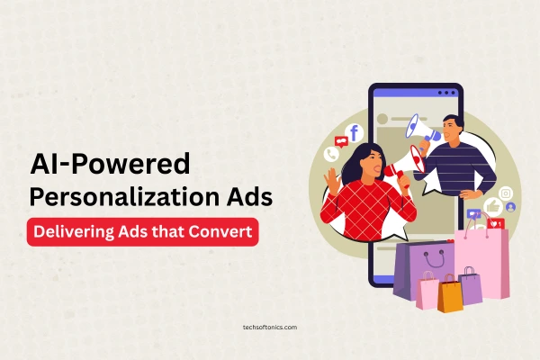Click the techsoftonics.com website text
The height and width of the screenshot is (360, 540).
269,328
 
